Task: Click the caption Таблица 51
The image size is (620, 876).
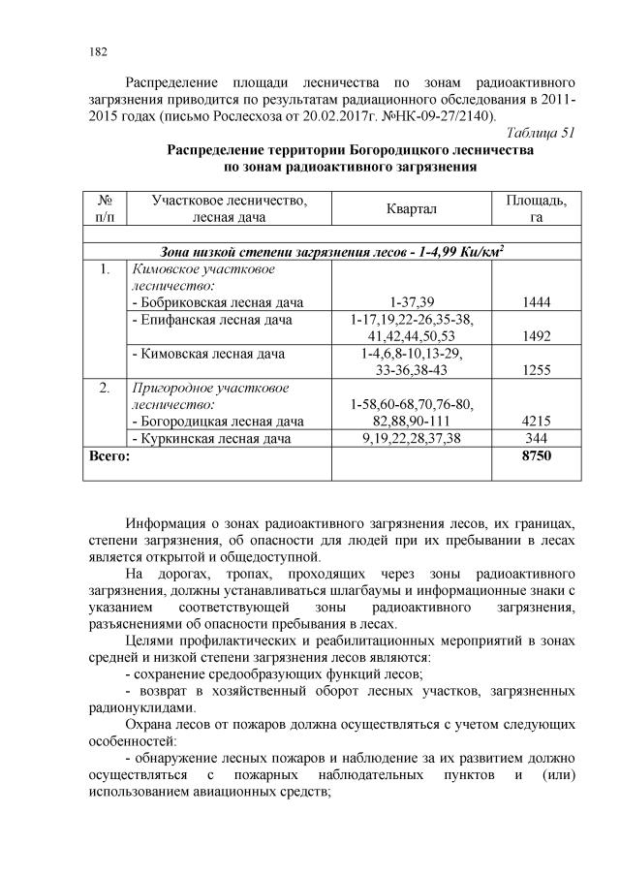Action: pos(542,133)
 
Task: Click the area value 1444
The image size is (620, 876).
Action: pos(536,302)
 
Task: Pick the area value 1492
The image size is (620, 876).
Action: pos(536,336)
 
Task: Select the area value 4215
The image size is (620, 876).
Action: pos(536,421)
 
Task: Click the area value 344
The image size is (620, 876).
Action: pos(536,438)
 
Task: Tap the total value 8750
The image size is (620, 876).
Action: pos(536,455)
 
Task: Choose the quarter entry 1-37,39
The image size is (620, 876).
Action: pos(412,302)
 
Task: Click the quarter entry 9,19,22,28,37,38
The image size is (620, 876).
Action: pos(412,438)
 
